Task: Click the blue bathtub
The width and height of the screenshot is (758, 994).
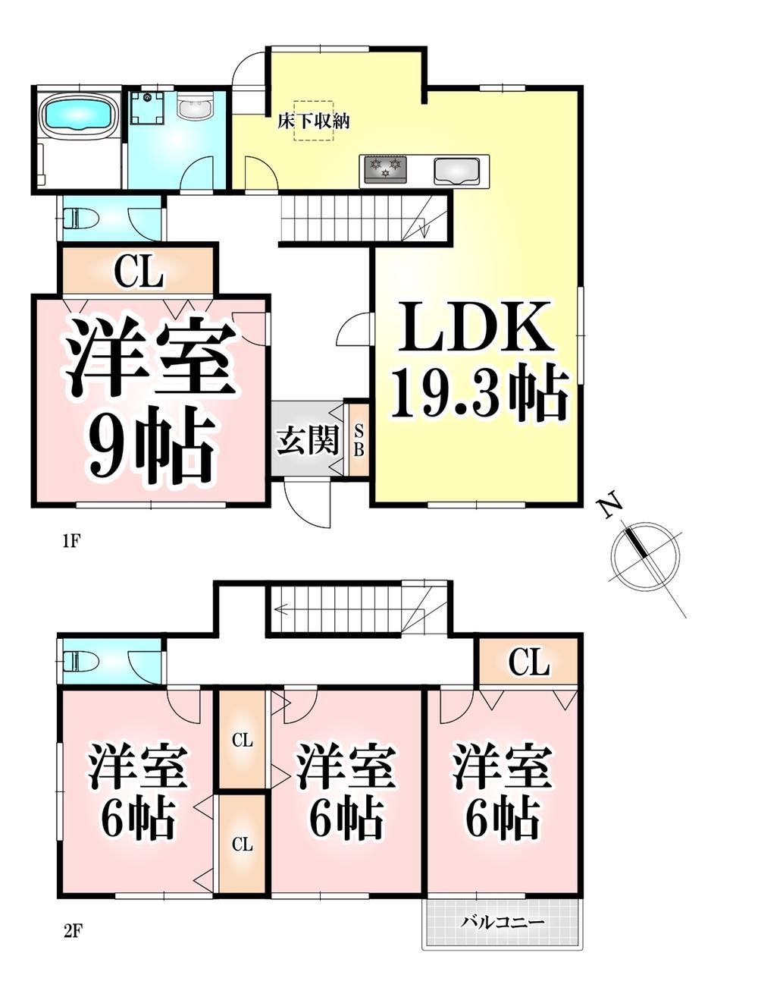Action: coord(76,115)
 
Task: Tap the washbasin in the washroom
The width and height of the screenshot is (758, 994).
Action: coord(195,107)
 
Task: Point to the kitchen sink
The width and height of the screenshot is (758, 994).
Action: coord(456,171)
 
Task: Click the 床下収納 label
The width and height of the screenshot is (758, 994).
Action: coord(313,121)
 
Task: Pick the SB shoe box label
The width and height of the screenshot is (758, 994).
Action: coord(359,440)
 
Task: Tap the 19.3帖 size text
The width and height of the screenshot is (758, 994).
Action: coord(479,394)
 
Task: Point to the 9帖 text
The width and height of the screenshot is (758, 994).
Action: coord(151,445)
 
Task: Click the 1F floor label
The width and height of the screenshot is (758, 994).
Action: coord(71,542)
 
